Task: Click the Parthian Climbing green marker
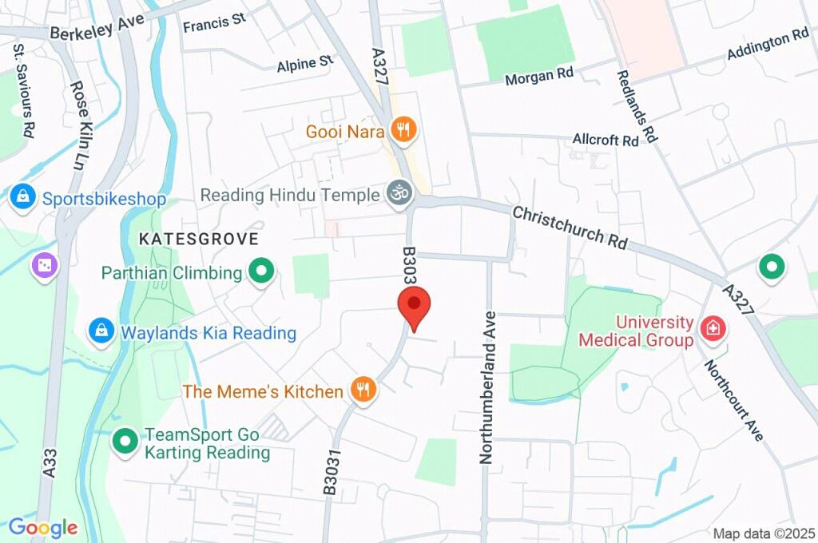(260, 272)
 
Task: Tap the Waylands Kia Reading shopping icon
(101, 331)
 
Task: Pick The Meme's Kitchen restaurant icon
(363, 390)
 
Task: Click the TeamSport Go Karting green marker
(125, 440)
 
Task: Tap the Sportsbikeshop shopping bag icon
(23, 197)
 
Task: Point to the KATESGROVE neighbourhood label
(199, 239)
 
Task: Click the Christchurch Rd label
(570, 228)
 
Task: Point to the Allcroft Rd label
(606, 140)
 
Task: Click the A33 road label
(50, 462)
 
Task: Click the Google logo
(43, 527)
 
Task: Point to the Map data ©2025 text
(764, 533)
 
